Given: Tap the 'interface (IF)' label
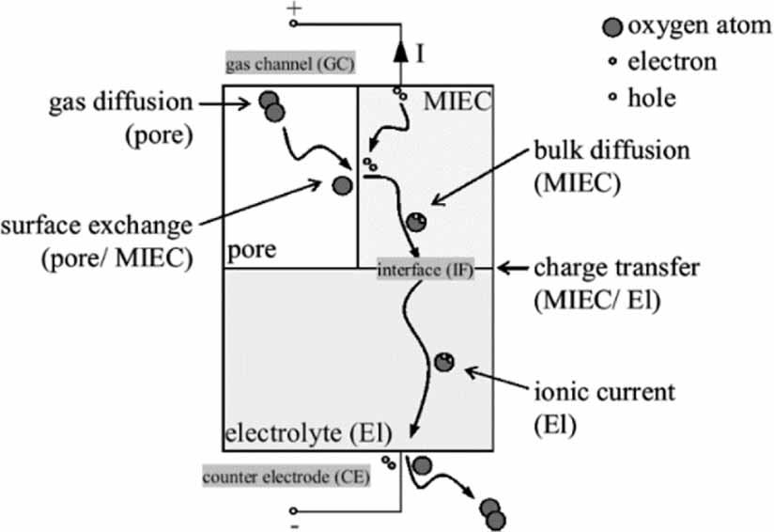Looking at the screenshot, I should (425, 270).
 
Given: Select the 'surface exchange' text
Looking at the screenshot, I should (96, 226).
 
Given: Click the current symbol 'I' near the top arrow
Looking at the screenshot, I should (420, 54).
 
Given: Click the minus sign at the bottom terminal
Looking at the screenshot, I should (294, 525).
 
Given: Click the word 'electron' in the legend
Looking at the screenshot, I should (672, 62).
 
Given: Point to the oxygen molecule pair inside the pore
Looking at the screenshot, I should (272, 106).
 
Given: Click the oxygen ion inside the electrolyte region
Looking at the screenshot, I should (444, 362).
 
